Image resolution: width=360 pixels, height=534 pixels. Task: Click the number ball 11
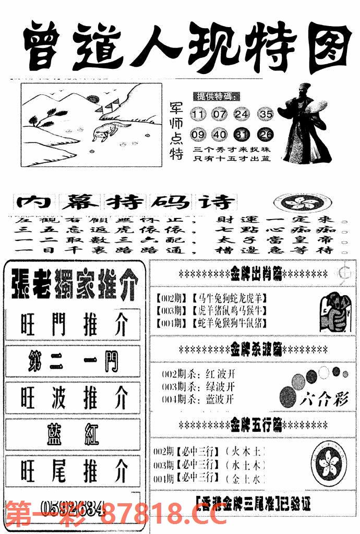coord(199,114)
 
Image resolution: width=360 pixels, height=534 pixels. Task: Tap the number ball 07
coord(220,114)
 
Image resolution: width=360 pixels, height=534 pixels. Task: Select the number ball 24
coord(242,114)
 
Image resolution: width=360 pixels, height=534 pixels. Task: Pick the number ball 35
coord(266,114)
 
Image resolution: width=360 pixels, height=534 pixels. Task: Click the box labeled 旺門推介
coord(74,326)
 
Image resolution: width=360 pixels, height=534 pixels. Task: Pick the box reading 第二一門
coord(74,361)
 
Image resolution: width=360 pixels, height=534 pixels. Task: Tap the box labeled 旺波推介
coord(74,399)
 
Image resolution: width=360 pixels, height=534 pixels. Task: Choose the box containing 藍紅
coord(74,434)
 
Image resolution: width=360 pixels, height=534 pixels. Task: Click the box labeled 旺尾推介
coord(74,472)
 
